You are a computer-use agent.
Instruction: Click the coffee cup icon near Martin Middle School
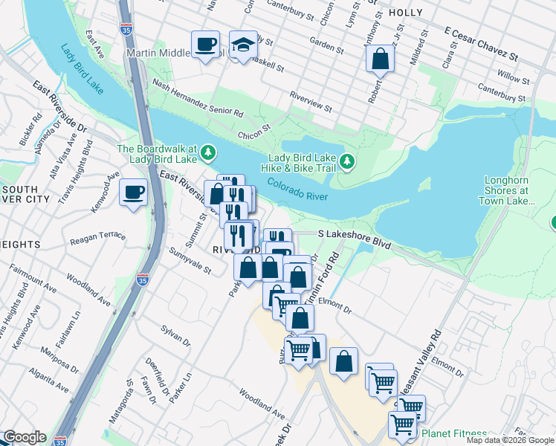(205, 44)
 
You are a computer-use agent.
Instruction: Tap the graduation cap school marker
(243, 44)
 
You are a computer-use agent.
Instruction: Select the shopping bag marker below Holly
(380, 59)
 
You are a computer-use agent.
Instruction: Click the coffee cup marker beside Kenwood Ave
(134, 193)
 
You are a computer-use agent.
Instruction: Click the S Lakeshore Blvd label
(344, 233)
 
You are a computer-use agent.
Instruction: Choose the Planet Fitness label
(454, 433)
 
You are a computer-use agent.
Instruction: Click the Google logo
(25, 437)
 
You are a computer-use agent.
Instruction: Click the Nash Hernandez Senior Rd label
(197, 97)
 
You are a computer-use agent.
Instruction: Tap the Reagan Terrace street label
(97, 237)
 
